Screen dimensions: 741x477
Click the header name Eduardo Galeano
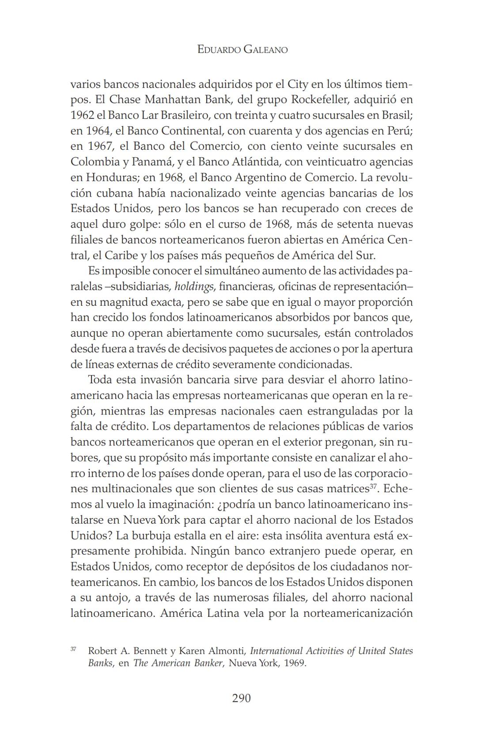click(x=242, y=49)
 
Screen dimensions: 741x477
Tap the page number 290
click(x=241, y=698)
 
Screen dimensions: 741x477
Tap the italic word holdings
click(x=194, y=286)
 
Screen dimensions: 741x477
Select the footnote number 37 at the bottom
click(x=73, y=649)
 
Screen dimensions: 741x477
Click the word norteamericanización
click(x=358, y=613)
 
